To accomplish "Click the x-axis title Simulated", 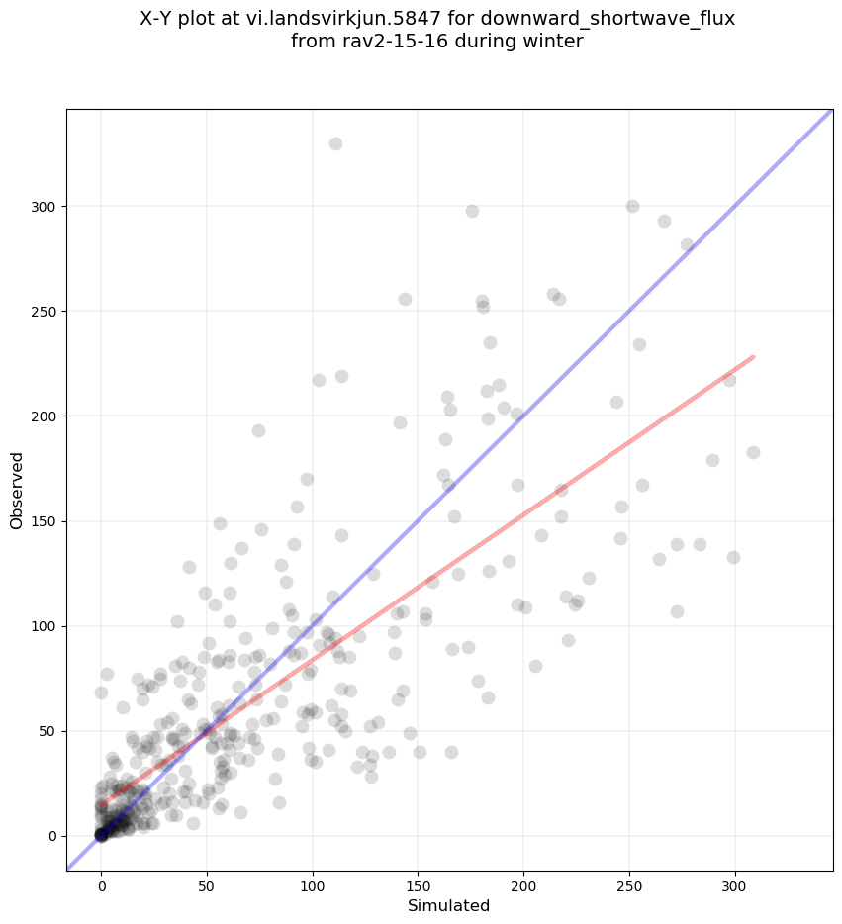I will pos(449,905).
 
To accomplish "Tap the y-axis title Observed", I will pos(17,491).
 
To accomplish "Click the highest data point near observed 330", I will pos(335,143).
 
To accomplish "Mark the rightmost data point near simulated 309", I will pos(753,452).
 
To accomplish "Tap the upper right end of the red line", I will pos(754,356).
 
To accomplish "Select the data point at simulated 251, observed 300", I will pos(632,206).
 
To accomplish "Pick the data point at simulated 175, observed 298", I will pos(472,211).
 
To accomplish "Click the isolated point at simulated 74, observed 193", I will pos(258,430).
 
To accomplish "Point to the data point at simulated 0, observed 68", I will pos(101,693).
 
